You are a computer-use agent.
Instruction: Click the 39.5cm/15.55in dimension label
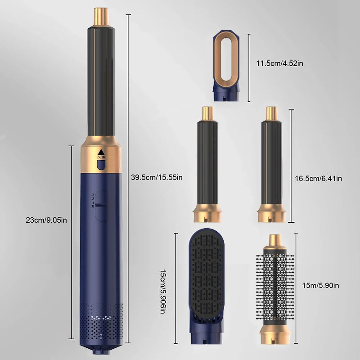[x=157, y=177]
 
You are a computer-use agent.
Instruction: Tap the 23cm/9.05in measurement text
[x=46, y=220]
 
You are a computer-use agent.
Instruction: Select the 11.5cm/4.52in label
[x=279, y=63]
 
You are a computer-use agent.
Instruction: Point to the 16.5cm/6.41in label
[x=318, y=179]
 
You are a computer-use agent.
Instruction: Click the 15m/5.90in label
[x=320, y=285]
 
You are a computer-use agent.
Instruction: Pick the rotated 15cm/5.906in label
[x=165, y=288]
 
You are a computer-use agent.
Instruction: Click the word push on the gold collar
[x=101, y=157]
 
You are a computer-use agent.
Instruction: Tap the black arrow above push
[x=101, y=151]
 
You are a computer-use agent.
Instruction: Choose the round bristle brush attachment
[x=273, y=288]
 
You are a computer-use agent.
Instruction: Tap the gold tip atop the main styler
[x=101, y=16]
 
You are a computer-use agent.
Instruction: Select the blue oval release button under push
[x=101, y=166]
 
